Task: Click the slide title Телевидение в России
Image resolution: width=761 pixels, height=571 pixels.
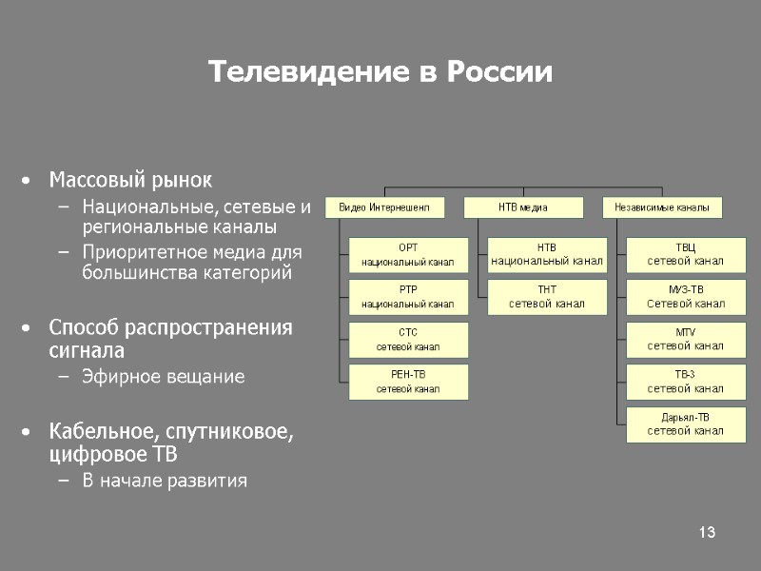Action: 380,72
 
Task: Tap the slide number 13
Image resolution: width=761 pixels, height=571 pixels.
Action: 706,531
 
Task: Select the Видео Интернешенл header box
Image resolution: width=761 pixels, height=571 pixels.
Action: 384,207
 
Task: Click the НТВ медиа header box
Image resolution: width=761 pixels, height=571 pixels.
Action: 523,207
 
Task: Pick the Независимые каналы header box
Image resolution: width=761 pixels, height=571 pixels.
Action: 662,207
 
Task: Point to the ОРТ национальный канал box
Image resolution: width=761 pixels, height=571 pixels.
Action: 407,254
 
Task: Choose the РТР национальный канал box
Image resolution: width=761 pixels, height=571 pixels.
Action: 407,297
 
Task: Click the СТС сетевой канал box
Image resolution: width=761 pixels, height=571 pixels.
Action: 407,339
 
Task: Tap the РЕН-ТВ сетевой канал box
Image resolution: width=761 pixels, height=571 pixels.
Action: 407,381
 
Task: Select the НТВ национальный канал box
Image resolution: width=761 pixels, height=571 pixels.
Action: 546,254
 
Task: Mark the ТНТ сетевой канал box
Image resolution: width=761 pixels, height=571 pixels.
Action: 546,297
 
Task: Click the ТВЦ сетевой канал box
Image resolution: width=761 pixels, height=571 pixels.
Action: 685,254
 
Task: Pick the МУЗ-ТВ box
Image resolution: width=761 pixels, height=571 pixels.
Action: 685,297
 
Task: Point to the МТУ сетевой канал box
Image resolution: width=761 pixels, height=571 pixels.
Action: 685,339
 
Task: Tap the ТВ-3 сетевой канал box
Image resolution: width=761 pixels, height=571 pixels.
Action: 685,381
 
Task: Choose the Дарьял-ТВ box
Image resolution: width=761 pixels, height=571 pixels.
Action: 685,423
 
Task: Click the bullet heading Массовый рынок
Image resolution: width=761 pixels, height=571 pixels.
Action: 131,180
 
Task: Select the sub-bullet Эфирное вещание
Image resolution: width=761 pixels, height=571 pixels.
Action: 163,377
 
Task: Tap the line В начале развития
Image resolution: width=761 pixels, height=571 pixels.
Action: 165,481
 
